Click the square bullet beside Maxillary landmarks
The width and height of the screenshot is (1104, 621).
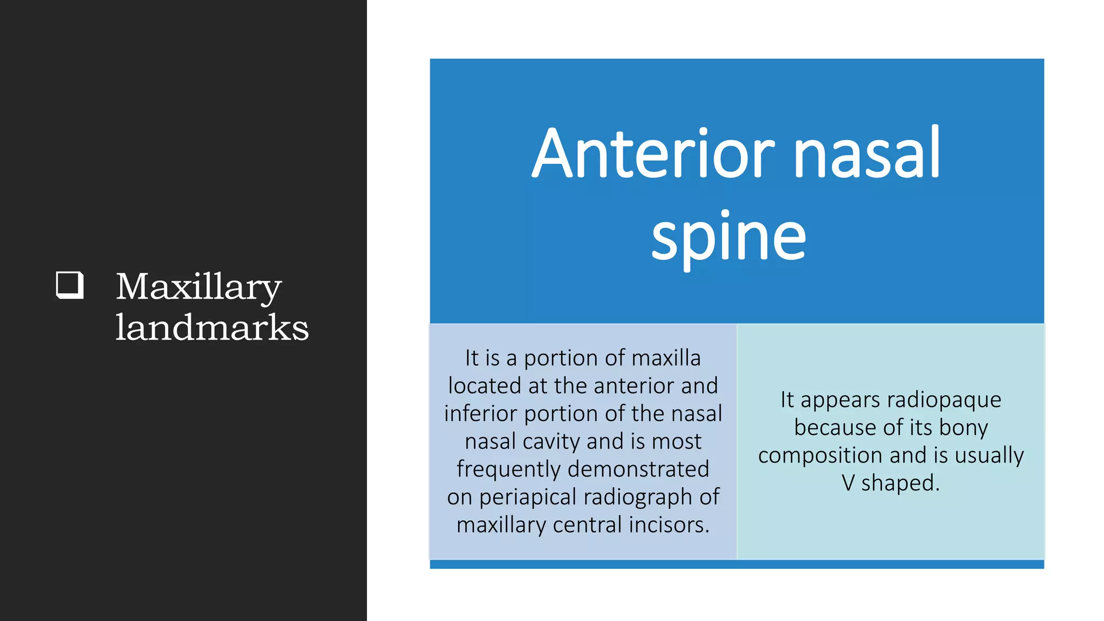(x=70, y=285)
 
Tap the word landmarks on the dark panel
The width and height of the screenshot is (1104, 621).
(x=212, y=328)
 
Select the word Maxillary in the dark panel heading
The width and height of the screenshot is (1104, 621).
(x=198, y=287)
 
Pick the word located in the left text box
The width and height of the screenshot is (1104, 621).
(x=485, y=386)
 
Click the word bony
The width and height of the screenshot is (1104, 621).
(x=963, y=427)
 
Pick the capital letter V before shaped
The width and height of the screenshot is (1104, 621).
(x=848, y=483)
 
